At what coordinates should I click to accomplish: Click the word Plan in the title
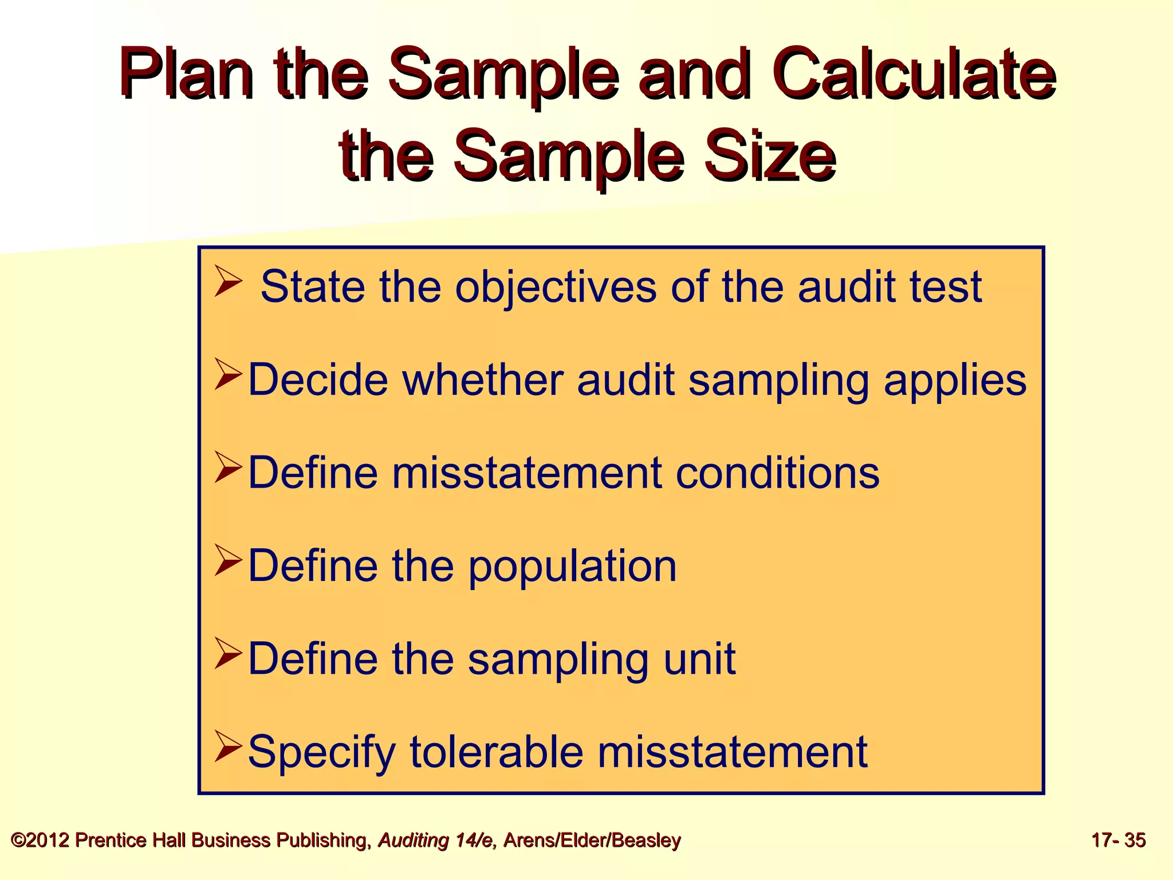tap(187, 76)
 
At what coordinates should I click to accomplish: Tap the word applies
tap(955, 381)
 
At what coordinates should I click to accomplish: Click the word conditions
tap(777, 473)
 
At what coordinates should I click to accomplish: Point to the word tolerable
tap(497, 752)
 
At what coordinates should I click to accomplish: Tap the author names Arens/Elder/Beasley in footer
tap(592, 840)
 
